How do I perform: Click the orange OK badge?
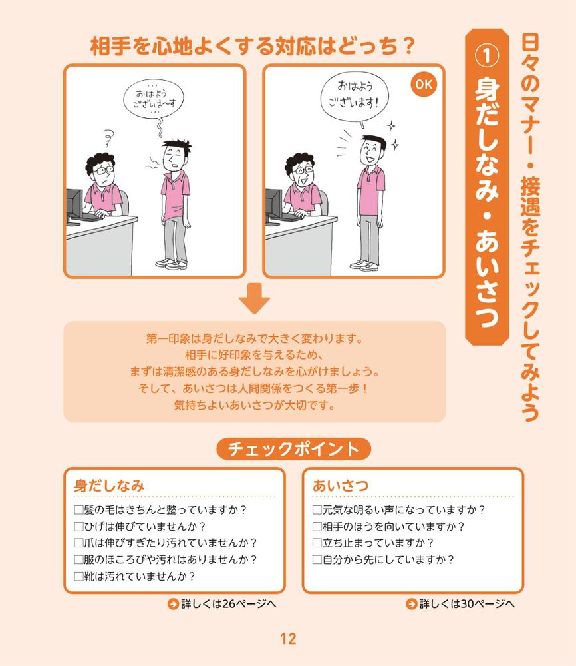pyautogui.click(x=423, y=85)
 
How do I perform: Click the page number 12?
pyautogui.click(x=288, y=639)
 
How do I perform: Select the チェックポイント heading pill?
pyautogui.click(x=293, y=449)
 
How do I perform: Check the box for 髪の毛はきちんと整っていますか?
pyautogui.click(x=78, y=511)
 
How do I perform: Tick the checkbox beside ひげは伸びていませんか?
pyautogui.click(x=78, y=527)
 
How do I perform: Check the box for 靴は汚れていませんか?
pyautogui.click(x=78, y=575)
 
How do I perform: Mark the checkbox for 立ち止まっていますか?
pyautogui.click(x=317, y=543)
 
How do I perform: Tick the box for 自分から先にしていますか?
pyautogui.click(x=317, y=559)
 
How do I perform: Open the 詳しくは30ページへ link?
pyautogui.click(x=460, y=605)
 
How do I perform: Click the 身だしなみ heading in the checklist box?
pyautogui.click(x=109, y=486)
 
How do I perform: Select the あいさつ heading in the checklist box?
pyautogui.click(x=341, y=486)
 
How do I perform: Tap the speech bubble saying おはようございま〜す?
pyautogui.click(x=156, y=100)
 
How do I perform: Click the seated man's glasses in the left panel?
pyautogui.click(x=105, y=170)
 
